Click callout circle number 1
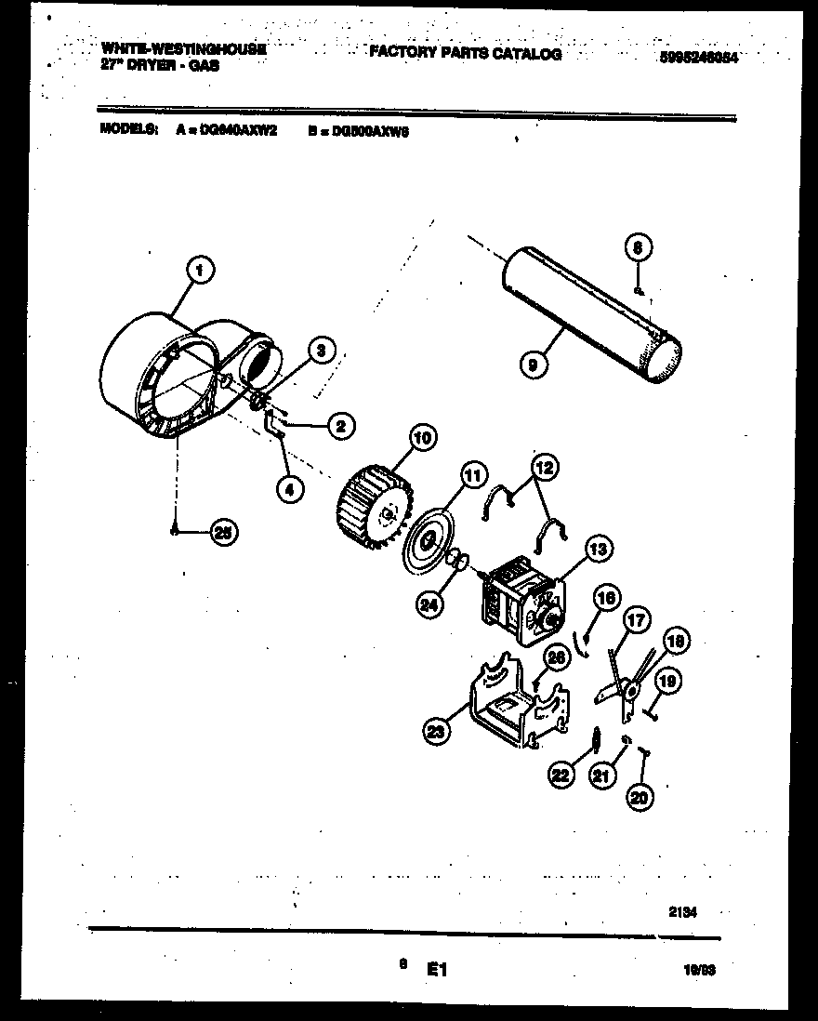[200, 272]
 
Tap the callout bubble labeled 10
[420, 438]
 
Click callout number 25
[223, 532]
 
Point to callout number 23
[434, 732]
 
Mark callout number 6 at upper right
[637, 247]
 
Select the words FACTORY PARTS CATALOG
[465, 54]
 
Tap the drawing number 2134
[682, 912]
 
